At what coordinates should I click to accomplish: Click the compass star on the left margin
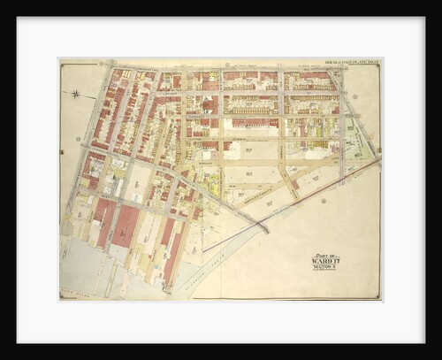click(77, 93)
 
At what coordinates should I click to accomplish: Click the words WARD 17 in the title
click(324, 263)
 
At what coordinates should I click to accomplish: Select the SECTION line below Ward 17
click(324, 269)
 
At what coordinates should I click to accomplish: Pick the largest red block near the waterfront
click(125, 226)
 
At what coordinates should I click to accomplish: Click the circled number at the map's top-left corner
click(101, 65)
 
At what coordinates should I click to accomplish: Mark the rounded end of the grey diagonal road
click(266, 229)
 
